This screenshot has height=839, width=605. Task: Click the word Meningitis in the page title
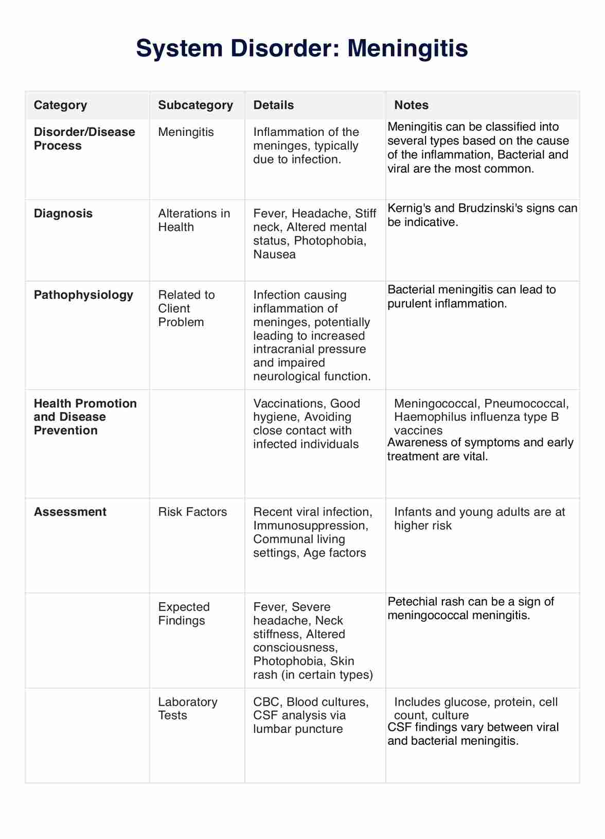pos(407,48)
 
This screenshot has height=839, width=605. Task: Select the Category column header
pos(60,105)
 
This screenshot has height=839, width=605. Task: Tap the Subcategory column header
pos(195,105)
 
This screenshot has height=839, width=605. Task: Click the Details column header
pos(274,105)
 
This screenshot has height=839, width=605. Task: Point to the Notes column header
pos(411,105)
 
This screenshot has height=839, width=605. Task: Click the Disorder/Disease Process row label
pos(84,139)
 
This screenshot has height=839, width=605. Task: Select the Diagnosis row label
pos(63,214)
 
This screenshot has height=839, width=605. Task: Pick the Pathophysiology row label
pos(83,295)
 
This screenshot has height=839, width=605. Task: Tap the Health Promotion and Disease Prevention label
pos(85,417)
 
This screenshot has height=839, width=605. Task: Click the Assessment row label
pos(70,512)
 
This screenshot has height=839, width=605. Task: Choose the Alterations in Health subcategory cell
pos(194,220)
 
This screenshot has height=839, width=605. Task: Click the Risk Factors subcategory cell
pos(192,512)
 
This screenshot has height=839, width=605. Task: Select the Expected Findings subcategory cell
pos(184,614)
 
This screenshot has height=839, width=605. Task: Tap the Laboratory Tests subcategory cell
pos(187,709)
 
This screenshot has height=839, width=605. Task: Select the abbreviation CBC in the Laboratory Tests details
pos(266,702)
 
